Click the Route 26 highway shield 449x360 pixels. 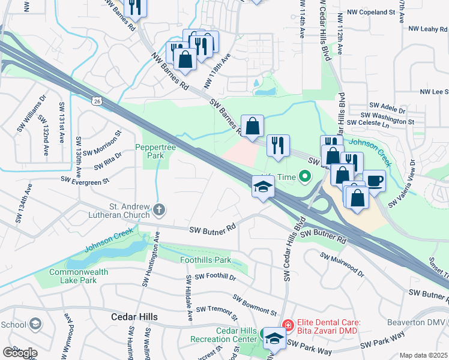97,102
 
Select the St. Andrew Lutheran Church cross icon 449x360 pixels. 158,209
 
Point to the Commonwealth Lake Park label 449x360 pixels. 70,276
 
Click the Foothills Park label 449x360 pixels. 206,260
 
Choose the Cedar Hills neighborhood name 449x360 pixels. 135,317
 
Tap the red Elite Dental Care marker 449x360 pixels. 288,326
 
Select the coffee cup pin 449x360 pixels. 375,181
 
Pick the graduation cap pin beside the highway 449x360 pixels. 263,187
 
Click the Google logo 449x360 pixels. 19,353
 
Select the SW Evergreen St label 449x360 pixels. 85,179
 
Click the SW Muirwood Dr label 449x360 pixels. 342,265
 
